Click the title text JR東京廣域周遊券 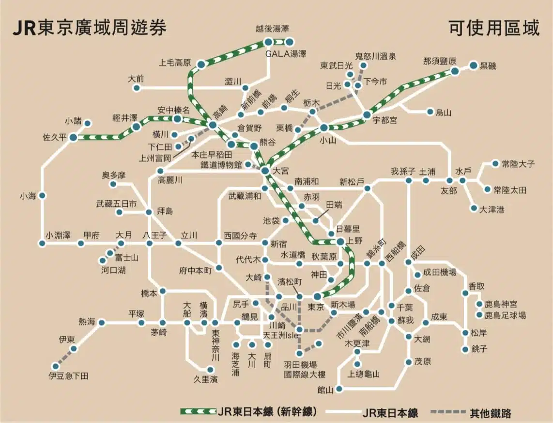click(x=89, y=28)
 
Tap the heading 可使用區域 click(x=493, y=28)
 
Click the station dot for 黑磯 click(x=474, y=65)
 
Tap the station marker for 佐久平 click(x=73, y=137)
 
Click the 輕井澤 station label click(x=125, y=117)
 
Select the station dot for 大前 click(x=137, y=88)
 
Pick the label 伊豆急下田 click(x=68, y=375)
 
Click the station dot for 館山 click(x=339, y=389)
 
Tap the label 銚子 click(x=481, y=349)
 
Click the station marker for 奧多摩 click(x=113, y=184)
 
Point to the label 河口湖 click(x=113, y=270)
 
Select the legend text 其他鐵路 click(x=490, y=413)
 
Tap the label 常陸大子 click(x=518, y=164)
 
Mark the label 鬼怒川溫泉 click(x=375, y=56)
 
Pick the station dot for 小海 click(x=42, y=195)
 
